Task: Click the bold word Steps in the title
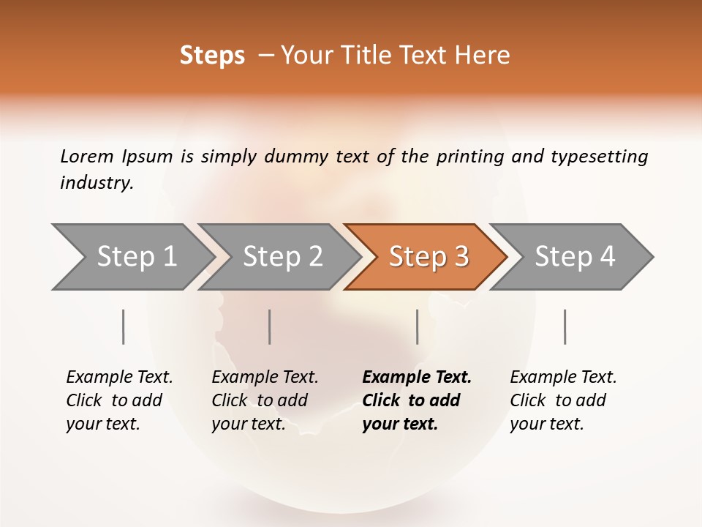point(212,56)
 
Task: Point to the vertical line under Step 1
point(124,326)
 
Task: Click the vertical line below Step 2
point(270,326)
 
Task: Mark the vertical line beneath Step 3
point(417,326)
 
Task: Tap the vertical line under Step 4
point(565,326)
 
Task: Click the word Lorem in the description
point(87,156)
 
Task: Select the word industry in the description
point(97,183)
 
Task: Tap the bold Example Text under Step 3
point(417,378)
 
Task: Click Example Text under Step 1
point(119,378)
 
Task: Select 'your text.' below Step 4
point(546,424)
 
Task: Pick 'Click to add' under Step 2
point(260,400)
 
